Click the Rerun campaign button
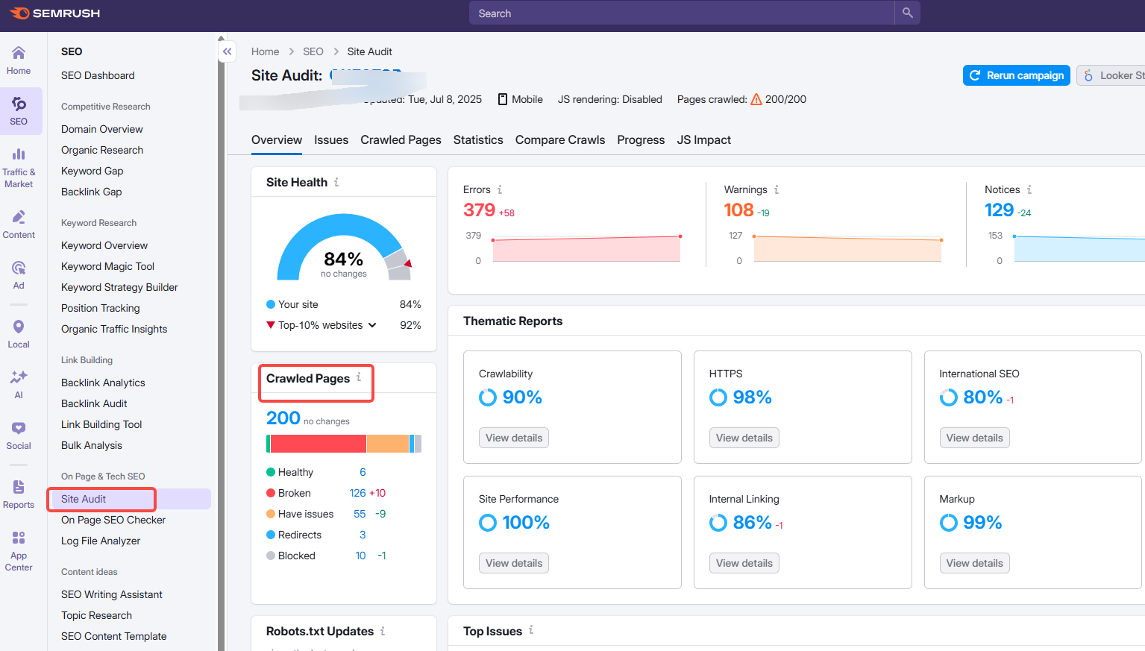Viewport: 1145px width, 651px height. (x=1016, y=75)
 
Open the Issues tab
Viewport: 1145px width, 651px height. (x=330, y=140)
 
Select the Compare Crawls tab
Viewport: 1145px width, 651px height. (x=559, y=140)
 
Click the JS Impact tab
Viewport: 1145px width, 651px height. (x=703, y=140)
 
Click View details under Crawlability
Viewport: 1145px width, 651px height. (x=513, y=438)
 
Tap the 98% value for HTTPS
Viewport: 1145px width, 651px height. (x=751, y=397)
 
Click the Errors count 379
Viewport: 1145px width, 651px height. (x=479, y=210)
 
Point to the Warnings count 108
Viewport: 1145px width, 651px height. (x=738, y=210)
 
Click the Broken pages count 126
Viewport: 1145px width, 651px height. (x=357, y=493)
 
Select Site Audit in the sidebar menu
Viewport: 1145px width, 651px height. (x=84, y=499)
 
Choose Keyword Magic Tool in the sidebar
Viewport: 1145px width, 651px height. (x=107, y=266)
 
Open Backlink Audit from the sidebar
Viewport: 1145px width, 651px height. (x=94, y=403)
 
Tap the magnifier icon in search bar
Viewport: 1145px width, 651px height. (x=907, y=13)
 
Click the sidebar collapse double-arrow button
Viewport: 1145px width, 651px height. (x=228, y=51)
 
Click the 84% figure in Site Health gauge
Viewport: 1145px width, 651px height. (x=343, y=259)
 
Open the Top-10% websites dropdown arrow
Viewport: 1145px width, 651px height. (x=372, y=325)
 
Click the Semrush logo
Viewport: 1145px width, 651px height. (x=55, y=13)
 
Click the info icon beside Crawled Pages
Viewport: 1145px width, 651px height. (x=359, y=377)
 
